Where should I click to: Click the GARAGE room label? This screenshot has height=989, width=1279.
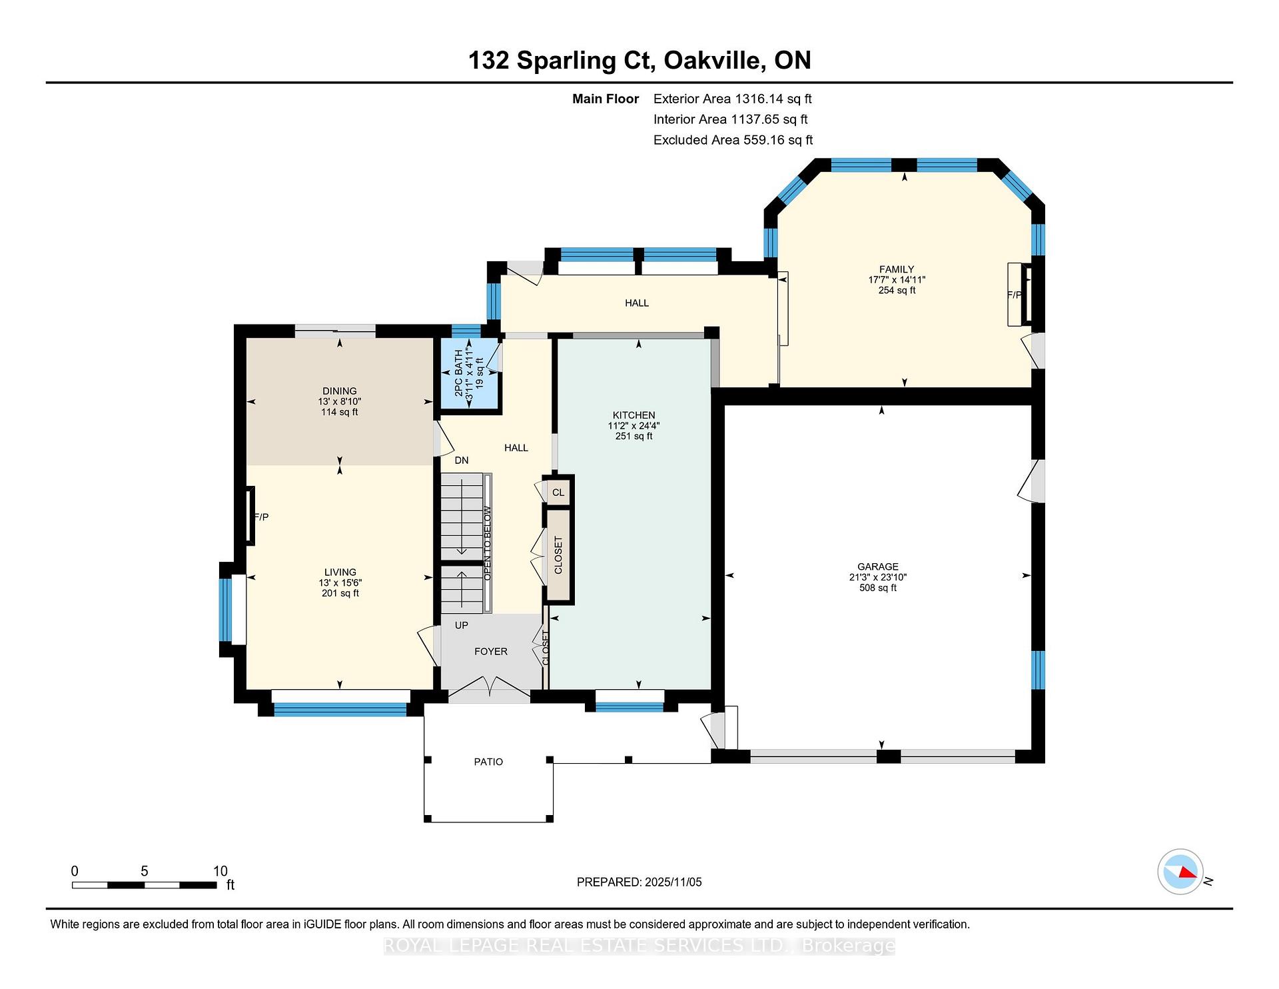click(x=877, y=566)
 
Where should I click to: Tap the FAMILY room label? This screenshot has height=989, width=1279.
click(x=896, y=269)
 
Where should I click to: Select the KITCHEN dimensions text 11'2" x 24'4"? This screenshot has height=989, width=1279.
click(x=634, y=426)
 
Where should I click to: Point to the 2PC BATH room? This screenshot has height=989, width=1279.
click(x=468, y=374)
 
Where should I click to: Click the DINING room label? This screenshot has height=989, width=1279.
click(x=339, y=391)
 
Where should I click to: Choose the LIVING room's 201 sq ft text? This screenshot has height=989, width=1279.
click(x=340, y=593)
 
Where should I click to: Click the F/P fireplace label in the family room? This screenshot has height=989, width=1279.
click(x=1014, y=295)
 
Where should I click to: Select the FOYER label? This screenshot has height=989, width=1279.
click(x=490, y=651)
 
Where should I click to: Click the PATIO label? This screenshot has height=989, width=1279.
click(x=488, y=762)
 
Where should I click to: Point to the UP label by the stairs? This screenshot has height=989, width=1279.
click(x=461, y=625)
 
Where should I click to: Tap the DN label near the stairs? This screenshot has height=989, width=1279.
click(x=461, y=461)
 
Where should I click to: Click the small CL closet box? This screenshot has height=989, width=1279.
click(x=558, y=493)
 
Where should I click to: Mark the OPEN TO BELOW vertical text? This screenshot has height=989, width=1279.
click(x=488, y=542)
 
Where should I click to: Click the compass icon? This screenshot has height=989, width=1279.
click(x=1180, y=872)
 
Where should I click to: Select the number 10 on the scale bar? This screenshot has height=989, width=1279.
click(x=220, y=871)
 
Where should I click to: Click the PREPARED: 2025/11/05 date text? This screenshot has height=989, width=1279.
click(x=639, y=882)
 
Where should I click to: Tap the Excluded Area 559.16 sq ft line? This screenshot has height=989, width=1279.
click(x=733, y=140)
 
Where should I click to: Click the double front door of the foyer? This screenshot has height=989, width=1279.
click(x=490, y=688)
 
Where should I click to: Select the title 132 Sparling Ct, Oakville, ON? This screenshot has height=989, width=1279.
click(x=639, y=61)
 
